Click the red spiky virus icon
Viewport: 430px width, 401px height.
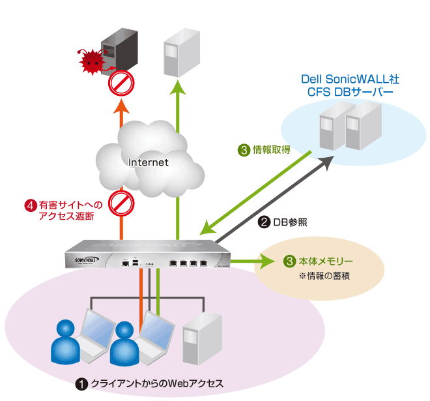coord(92,61)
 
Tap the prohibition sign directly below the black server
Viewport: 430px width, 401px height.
coord(121,84)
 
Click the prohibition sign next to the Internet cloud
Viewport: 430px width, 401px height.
coord(121,202)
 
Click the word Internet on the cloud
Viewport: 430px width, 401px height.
coord(149,162)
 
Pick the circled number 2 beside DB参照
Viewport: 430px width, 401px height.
coord(264,222)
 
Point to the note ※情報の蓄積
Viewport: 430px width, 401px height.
coord(324,275)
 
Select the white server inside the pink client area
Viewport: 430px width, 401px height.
coord(196,339)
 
